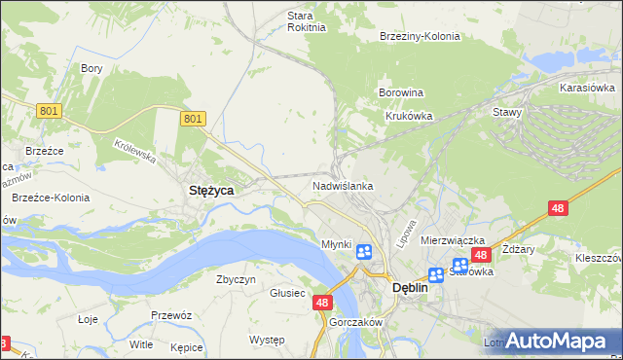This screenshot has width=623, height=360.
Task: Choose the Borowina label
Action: (400, 93)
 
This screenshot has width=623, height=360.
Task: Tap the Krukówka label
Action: (408, 115)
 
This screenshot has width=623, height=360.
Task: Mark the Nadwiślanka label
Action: (343, 185)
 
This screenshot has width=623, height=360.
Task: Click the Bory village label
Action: (92, 68)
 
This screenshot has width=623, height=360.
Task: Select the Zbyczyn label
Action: (236, 279)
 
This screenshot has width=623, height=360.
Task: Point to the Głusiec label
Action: (288, 293)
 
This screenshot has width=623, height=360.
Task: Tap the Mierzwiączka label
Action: (453, 239)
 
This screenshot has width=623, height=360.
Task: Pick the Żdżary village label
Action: (520, 249)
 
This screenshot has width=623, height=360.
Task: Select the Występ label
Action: (266, 340)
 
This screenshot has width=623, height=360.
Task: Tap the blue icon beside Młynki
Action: (363, 253)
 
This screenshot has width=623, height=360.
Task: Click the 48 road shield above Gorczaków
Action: (323, 304)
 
